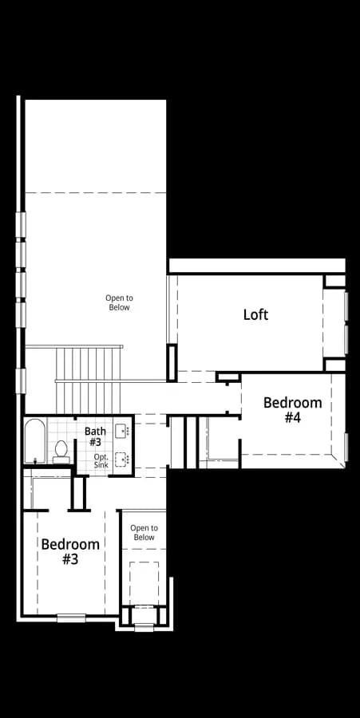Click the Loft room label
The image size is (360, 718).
255,314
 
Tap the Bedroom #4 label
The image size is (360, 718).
293,410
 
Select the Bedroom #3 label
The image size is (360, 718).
70,551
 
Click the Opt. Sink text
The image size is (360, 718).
101,461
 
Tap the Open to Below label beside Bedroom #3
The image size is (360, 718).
144,533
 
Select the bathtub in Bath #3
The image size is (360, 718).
35,441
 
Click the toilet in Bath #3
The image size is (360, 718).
61,452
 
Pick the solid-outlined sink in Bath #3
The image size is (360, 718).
122,431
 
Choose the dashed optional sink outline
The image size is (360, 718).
122,458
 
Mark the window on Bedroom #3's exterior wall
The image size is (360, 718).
71,617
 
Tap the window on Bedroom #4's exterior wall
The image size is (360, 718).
346,447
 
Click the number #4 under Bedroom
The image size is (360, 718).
293,417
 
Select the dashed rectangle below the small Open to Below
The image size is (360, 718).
144,583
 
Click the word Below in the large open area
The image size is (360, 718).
119,308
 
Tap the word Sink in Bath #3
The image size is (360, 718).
101,465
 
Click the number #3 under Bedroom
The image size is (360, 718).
70,559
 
